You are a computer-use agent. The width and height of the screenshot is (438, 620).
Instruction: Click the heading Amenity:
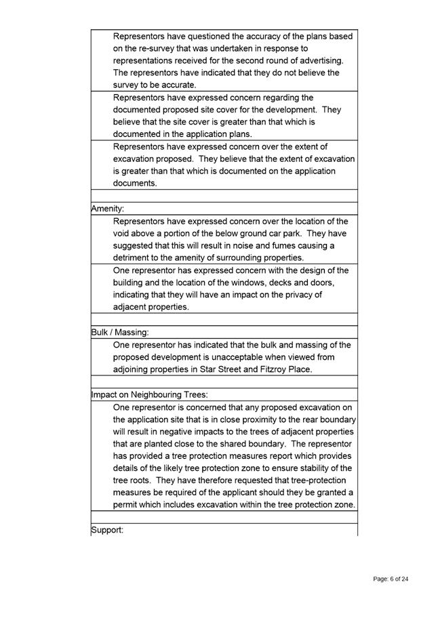tap(107, 209)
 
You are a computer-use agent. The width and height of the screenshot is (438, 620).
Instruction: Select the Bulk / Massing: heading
tap(120, 332)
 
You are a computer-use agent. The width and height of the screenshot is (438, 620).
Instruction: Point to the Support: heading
tap(107, 529)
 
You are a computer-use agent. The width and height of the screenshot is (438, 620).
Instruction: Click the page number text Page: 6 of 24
tap(391, 579)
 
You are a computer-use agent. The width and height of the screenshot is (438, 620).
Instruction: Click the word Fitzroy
tap(269, 369)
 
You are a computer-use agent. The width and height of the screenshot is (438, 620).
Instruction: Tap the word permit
tap(125, 505)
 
